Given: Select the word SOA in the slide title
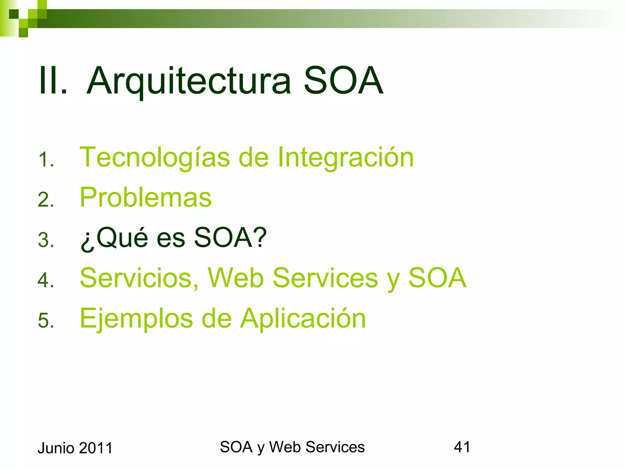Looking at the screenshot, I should pyautogui.click(x=343, y=81).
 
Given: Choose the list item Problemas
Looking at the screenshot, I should pyautogui.click(x=146, y=198).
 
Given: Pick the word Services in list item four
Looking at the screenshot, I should pyautogui.click(x=325, y=278).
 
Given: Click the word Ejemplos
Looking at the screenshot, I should pyautogui.click(x=136, y=319).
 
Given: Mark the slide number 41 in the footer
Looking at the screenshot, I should pyautogui.click(x=462, y=447).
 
